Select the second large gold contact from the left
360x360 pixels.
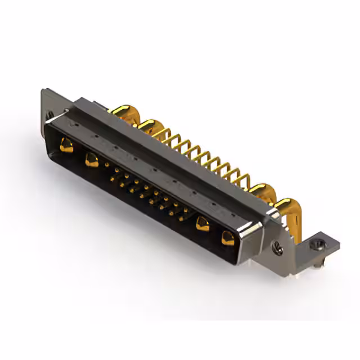(x=91, y=160)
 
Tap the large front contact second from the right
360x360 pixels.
(x=201, y=226)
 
